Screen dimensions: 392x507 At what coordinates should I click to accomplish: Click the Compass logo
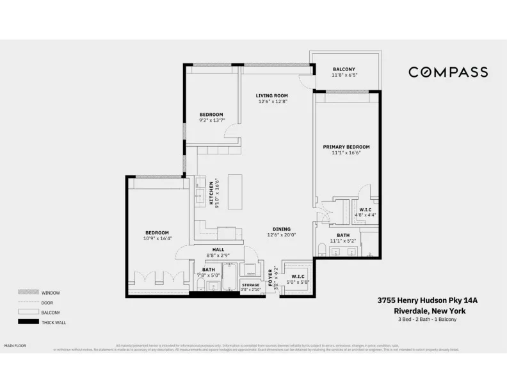[448, 72]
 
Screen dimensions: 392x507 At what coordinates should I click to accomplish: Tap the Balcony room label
[344, 69]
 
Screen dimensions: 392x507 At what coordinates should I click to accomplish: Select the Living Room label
[273, 95]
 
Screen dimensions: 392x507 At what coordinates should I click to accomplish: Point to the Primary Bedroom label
[346, 147]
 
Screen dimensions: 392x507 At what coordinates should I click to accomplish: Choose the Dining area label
[281, 229]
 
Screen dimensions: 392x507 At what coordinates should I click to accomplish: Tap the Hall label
[218, 250]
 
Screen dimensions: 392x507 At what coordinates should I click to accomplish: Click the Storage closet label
[250, 284]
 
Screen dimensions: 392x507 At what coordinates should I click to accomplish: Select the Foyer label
[271, 275]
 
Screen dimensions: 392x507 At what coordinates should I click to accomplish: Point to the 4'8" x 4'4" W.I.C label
[366, 215]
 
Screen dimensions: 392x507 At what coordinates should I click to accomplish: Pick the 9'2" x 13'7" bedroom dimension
[211, 120]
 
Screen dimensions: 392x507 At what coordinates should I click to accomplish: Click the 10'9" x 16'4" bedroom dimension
[157, 238]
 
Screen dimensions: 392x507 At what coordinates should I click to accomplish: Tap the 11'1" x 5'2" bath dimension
[343, 241]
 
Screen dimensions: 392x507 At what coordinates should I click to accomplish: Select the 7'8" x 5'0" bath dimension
[209, 275]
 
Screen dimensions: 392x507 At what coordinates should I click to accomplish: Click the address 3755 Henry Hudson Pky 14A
[428, 299]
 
